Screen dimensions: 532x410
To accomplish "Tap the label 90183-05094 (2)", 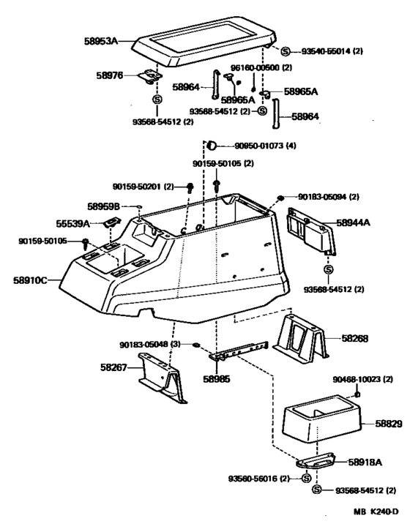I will [329, 197].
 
